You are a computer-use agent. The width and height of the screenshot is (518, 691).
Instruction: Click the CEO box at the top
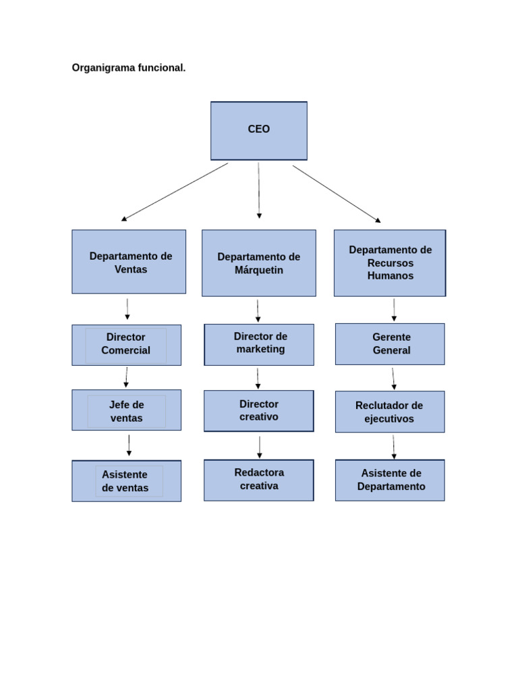click(x=259, y=130)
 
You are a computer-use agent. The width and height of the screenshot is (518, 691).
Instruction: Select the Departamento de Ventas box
click(x=129, y=262)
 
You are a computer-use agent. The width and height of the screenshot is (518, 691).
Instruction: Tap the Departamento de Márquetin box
click(x=259, y=262)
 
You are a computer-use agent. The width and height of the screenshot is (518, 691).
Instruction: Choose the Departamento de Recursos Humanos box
click(x=390, y=262)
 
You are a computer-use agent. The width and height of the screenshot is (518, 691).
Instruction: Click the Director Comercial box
click(x=126, y=345)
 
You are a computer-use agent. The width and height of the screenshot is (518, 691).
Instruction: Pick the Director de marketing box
click(x=259, y=344)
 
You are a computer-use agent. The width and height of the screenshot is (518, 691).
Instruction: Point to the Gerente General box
click(x=390, y=344)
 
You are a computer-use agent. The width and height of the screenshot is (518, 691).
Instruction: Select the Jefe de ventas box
click(x=126, y=410)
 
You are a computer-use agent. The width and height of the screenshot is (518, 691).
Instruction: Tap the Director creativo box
click(x=259, y=410)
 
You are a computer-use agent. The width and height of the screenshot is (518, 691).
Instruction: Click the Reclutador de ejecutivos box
click(x=390, y=412)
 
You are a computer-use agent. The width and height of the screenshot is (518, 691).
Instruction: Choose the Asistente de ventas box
click(x=126, y=481)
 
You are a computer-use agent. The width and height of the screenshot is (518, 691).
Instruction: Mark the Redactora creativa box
click(x=259, y=480)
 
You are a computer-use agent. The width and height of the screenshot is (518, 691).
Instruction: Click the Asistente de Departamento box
click(x=390, y=480)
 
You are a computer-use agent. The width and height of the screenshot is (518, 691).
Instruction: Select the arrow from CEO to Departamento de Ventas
click(x=175, y=192)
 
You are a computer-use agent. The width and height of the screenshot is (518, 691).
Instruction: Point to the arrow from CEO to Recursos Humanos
click(x=336, y=194)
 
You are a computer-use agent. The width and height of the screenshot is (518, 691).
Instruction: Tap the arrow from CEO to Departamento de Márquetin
click(x=258, y=190)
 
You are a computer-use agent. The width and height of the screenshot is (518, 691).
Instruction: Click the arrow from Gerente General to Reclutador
click(x=393, y=378)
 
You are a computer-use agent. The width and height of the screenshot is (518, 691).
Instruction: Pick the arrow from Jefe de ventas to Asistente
click(x=129, y=445)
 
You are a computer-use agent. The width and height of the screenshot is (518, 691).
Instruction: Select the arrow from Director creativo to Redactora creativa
click(x=259, y=446)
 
